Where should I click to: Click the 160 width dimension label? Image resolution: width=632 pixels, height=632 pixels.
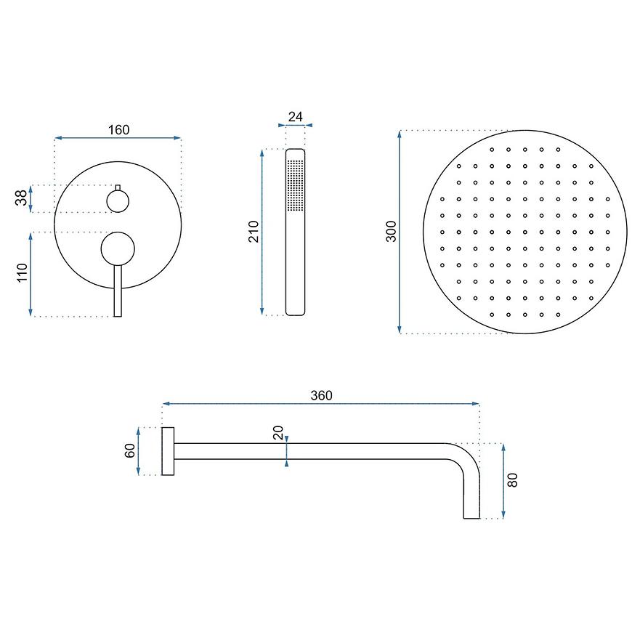pyautogui.click(x=119, y=130)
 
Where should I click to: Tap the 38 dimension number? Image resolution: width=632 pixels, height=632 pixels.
pyautogui.click(x=21, y=198)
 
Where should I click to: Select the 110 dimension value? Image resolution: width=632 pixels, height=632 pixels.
pyautogui.click(x=23, y=272)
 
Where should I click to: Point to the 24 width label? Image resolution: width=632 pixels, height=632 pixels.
pyautogui.click(x=296, y=116)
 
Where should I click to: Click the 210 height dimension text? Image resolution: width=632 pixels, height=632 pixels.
pyautogui.click(x=254, y=231)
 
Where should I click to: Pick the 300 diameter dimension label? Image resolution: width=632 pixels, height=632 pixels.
pyautogui.click(x=392, y=231)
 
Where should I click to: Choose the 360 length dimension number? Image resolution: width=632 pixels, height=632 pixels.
pyautogui.click(x=322, y=395)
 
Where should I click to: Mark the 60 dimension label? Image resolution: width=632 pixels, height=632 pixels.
pyautogui.click(x=130, y=450)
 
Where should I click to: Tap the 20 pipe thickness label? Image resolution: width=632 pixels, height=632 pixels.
pyautogui.click(x=278, y=432)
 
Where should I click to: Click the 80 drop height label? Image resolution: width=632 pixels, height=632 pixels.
pyautogui.click(x=512, y=480)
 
